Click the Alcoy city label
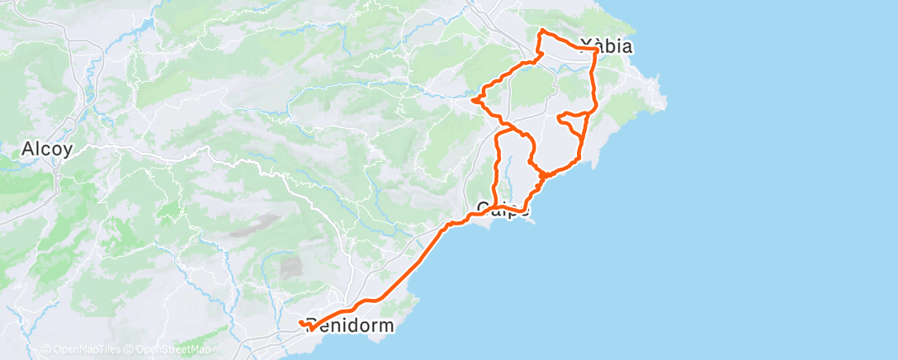coord(46,149)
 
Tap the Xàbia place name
coord(606,46)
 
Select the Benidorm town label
coord(350,325)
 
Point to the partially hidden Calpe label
coord(503,208)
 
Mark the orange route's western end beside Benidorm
coord(301,322)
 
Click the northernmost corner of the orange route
coord(541,31)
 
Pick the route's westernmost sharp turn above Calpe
coord(473,100)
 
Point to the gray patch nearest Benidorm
coord(291,267)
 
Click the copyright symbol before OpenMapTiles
coord(45,349)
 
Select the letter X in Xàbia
coord(586,46)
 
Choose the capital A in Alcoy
coord(27,149)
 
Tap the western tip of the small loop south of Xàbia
coord(560,118)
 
